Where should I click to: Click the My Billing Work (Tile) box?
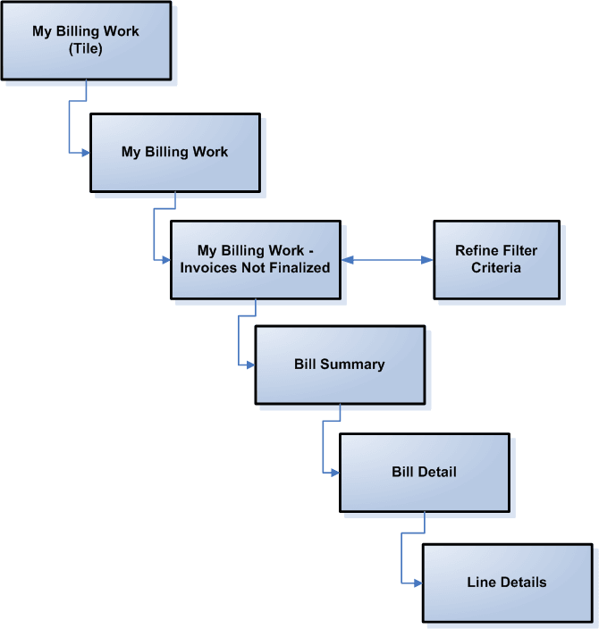pyautogui.click(x=86, y=39)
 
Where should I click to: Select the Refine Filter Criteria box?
pyautogui.click(x=496, y=259)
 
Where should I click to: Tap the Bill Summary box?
pyautogui.click(x=340, y=365)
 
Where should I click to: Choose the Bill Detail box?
pyautogui.click(x=424, y=471)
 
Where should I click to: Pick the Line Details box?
pyautogui.click(x=506, y=582)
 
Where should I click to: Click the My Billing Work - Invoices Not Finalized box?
pyautogui.click(x=255, y=259)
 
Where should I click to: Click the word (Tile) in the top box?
pyautogui.click(x=86, y=48)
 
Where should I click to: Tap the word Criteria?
pyautogui.click(x=496, y=267)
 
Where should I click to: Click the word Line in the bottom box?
pyautogui.click(x=482, y=582)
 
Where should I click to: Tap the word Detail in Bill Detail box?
pyautogui.click(x=436, y=471)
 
